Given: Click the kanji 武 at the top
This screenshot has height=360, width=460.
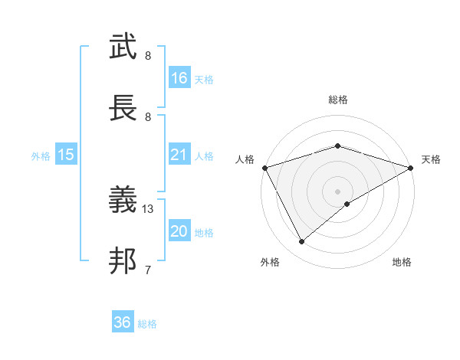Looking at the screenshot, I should [123, 47].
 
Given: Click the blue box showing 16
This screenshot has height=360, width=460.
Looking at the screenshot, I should [179, 78].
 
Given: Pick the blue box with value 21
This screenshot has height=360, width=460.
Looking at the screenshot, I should [179, 155].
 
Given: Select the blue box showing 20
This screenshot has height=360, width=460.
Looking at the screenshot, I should [179, 232].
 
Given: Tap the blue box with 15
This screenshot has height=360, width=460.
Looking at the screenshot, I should [66, 155].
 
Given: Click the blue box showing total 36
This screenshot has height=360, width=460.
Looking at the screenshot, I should [123, 322].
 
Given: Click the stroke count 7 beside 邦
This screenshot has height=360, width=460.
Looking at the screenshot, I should [148, 270].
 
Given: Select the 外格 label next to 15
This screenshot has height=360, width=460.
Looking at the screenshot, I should [41, 156].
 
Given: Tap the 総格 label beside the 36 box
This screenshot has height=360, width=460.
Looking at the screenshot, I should [147, 324].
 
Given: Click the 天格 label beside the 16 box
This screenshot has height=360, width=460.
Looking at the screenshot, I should [204, 80].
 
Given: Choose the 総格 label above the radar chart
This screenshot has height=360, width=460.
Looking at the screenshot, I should [337, 100].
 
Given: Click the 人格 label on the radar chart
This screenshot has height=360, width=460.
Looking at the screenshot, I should [245, 159].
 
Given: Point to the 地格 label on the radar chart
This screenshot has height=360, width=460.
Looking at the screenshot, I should [402, 263].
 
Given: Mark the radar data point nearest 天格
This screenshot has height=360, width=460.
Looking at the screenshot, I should [411, 168].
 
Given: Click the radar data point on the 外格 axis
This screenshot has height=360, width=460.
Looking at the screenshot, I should [302, 242].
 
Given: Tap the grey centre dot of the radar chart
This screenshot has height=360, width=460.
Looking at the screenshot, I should [337, 191].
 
